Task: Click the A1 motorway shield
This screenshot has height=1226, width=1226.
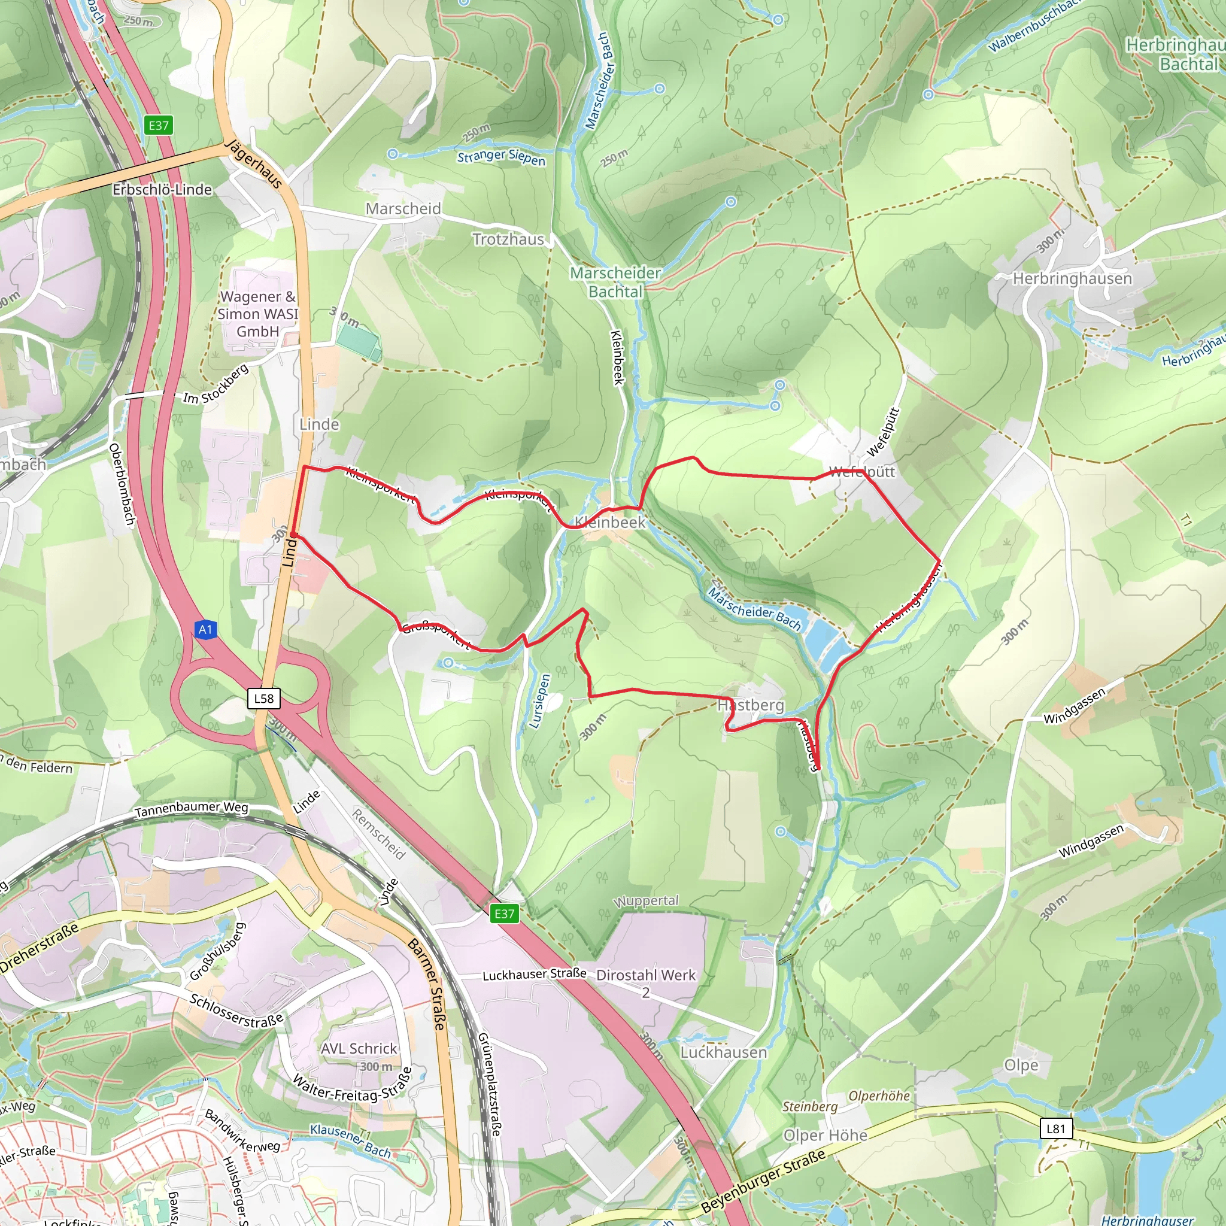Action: (x=204, y=630)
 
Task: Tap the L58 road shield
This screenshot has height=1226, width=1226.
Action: (x=263, y=699)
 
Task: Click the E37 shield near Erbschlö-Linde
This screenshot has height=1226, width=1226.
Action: (x=159, y=125)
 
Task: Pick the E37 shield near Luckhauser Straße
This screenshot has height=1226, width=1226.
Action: (x=505, y=913)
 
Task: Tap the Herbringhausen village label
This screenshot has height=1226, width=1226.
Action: (x=1072, y=278)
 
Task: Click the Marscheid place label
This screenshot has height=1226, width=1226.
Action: (x=403, y=209)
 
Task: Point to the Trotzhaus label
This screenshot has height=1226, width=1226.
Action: (x=508, y=239)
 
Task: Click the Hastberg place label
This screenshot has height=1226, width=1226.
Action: (x=751, y=705)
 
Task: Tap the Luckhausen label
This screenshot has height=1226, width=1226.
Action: (x=723, y=1052)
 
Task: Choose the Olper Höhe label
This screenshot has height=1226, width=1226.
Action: (x=825, y=1135)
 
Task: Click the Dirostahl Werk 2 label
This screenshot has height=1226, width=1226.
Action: (x=646, y=983)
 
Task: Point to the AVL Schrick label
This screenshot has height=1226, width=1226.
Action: (x=359, y=1048)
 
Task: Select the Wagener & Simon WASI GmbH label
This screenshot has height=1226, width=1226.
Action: (x=257, y=314)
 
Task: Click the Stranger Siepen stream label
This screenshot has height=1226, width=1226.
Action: (x=501, y=157)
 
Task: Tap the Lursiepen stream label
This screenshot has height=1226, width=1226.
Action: (x=539, y=700)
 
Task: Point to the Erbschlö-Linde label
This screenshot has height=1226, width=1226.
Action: (x=162, y=190)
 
